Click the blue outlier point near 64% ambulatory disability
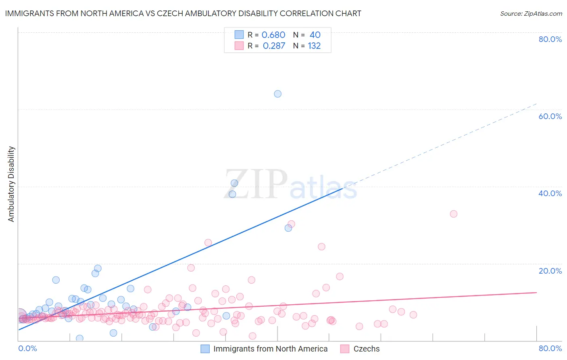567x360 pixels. tap(277, 94)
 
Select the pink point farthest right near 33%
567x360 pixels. tap(454, 214)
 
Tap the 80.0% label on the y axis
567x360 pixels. tap(550, 39)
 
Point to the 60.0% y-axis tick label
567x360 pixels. tap(550, 116)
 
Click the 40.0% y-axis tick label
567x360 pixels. tap(550, 193)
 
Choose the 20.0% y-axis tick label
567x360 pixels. tap(550, 271)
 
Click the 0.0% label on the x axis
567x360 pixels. tap(28, 348)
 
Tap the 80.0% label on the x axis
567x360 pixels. tap(550, 348)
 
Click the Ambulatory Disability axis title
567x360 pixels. tap(11, 184)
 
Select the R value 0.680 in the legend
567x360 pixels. tap(273, 35)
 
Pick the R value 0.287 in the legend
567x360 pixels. tap(274, 46)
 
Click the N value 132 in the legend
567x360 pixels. tap(314, 46)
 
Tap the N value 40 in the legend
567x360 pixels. tap(315, 35)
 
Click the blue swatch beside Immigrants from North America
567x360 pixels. tap(205, 349)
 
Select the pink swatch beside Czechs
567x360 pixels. tap(345, 349)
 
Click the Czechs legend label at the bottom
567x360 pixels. tap(366, 349)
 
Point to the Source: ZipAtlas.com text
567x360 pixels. tap(531, 14)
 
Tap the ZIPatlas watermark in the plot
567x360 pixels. tap(290, 185)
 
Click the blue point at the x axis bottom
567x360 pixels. tap(79, 338)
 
